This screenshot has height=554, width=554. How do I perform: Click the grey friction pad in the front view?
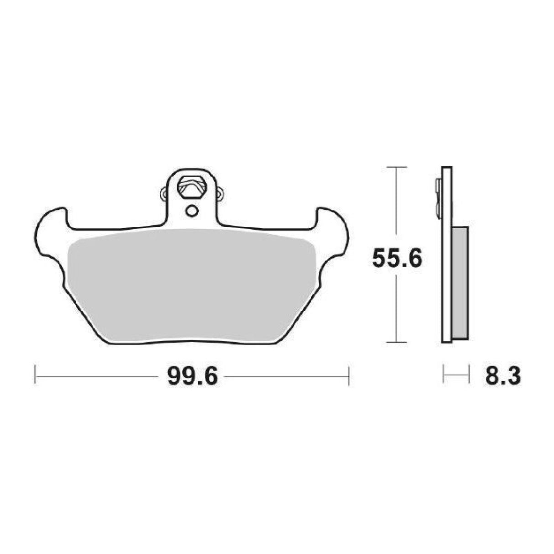click(192, 283)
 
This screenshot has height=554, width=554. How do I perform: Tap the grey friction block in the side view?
click(460, 283)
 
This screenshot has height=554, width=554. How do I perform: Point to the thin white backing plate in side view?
click(447, 256)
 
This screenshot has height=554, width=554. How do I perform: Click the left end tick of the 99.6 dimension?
click(36, 377)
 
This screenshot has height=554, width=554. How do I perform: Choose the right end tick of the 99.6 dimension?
click(349, 377)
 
